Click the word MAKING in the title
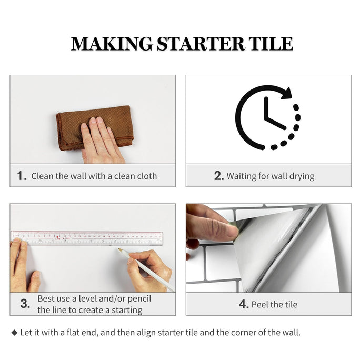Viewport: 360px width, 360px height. coord(112,44)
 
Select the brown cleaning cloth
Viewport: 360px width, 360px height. coord(95,128)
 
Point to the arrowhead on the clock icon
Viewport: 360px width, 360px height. coord(286,93)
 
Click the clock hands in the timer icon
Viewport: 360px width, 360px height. coord(273,113)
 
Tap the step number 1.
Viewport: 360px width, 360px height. coord(22,176)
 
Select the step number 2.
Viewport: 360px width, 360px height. coord(219,176)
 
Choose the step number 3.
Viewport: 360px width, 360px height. coord(25,304)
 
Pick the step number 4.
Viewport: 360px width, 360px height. coord(244,304)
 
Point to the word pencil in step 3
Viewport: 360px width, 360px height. coord(139,299)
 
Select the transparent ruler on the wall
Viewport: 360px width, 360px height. coord(87,238)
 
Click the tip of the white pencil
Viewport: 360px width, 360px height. coord(118,248)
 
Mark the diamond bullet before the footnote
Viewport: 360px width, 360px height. coord(14,333)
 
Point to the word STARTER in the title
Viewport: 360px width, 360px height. coord(201,44)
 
